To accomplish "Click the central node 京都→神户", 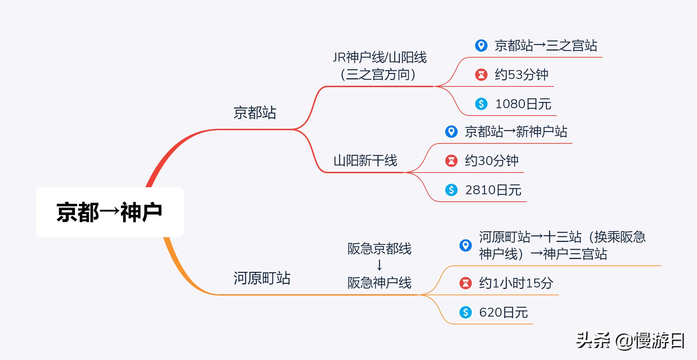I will [x=109, y=212].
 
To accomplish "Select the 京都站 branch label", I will [x=255, y=113].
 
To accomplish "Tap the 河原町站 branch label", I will [x=262, y=278].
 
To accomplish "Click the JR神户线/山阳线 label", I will [x=379, y=58].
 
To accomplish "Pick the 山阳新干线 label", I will [x=365, y=161].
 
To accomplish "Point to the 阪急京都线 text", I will [x=379, y=249].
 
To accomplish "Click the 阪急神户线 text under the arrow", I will [x=379, y=283].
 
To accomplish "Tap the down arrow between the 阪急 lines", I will [x=379, y=265].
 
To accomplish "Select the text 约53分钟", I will [x=522, y=75].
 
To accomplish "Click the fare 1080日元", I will [x=523, y=104].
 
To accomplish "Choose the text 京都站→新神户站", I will [x=516, y=132].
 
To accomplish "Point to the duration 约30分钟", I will [x=492, y=161].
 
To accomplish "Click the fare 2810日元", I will [x=493, y=190].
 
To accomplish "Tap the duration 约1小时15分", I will [x=516, y=283].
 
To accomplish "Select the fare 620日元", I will [x=503, y=312].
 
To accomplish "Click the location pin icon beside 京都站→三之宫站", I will [x=481, y=46].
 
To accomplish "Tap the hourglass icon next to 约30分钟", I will [x=451, y=161].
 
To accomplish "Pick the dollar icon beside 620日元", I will [x=466, y=312].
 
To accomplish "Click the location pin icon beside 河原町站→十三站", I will [x=466, y=245].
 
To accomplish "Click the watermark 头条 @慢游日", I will [x=630, y=340].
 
